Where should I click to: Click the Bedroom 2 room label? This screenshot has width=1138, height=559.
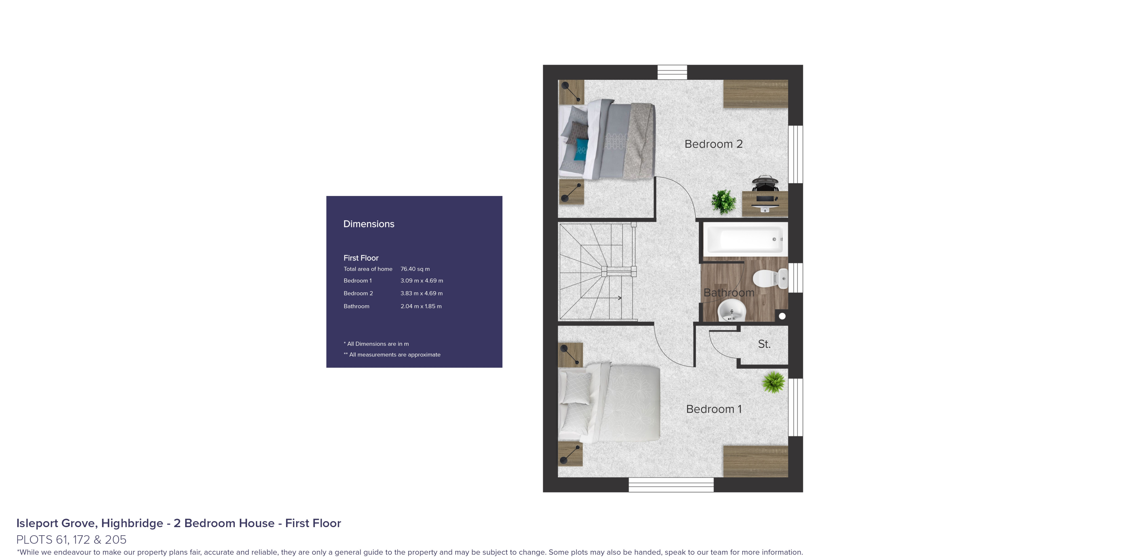pos(713,144)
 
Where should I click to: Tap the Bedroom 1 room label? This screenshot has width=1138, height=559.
pos(713,409)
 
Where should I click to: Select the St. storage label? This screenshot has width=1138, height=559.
pos(764,344)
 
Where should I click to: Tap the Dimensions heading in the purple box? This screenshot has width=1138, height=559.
pos(369,224)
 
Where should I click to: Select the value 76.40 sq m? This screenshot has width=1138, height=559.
pos(415,269)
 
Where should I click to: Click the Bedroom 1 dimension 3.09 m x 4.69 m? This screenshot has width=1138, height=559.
pos(421,281)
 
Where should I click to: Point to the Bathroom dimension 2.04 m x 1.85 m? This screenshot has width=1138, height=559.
pos(421,306)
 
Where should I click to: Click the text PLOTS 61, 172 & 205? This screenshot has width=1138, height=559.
pos(71,540)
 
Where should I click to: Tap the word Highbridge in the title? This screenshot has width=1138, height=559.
pos(132,523)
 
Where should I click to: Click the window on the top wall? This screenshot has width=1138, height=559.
pos(672,72)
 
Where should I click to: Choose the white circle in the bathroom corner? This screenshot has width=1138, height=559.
pos(782,316)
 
